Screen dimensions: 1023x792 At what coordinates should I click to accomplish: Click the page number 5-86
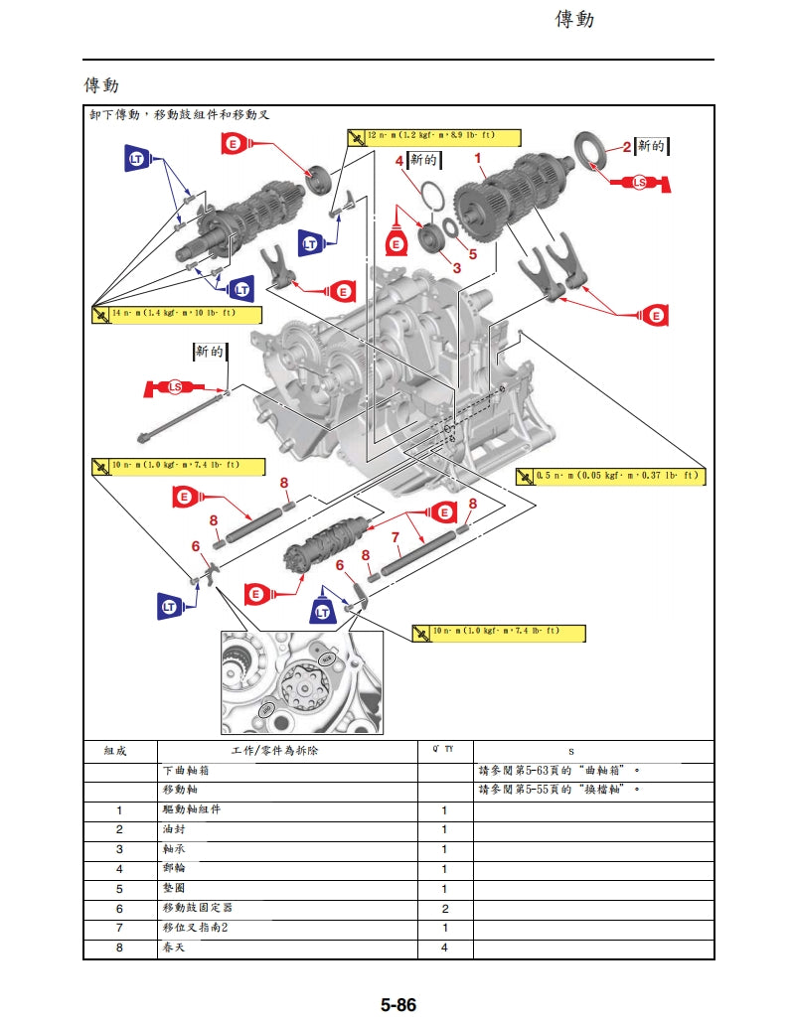coord(397,1005)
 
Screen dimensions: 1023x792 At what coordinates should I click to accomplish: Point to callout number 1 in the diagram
coord(478,158)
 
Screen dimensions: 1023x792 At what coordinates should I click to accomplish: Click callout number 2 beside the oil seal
coord(626,147)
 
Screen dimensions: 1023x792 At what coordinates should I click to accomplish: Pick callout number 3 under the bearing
coord(457,267)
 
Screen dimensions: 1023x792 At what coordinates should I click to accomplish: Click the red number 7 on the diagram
coord(396,537)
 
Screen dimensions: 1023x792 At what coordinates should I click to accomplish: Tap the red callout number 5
coord(472,252)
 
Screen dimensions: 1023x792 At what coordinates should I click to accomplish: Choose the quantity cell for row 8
coord(444,949)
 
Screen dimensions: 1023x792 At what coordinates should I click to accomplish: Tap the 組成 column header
coord(119,752)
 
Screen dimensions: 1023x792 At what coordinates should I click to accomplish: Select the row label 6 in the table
coord(119,909)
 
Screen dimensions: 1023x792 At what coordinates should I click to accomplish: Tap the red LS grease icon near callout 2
coord(642,183)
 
